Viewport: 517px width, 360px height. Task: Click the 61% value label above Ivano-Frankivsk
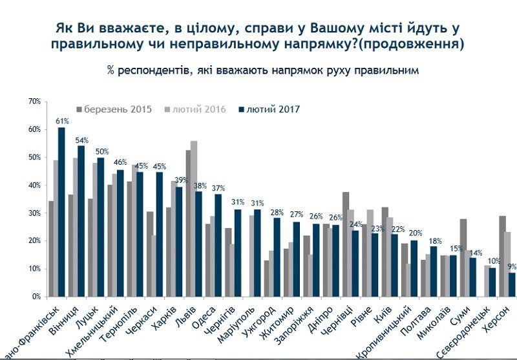tap(62, 121)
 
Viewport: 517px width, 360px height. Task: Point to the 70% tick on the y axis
tap(34, 102)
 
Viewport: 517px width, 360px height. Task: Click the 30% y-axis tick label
tap(34, 213)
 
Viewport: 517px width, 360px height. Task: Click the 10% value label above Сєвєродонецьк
tap(493, 262)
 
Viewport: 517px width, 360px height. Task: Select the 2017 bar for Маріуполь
tap(257, 253)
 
